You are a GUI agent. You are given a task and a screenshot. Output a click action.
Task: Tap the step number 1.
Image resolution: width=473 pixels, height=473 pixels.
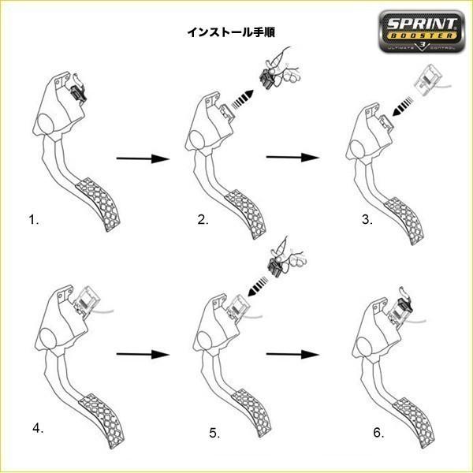(33, 221)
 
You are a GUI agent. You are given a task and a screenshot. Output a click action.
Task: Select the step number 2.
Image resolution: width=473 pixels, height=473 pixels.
(203, 221)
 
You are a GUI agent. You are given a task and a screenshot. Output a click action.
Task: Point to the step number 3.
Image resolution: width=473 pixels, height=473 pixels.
(367, 221)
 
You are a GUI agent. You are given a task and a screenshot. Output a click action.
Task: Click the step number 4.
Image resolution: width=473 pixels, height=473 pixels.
(38, 429)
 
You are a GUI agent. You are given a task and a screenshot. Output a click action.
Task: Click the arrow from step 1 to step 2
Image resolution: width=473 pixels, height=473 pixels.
(143, 159)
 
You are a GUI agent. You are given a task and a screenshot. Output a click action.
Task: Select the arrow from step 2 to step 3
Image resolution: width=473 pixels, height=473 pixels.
(293, 158)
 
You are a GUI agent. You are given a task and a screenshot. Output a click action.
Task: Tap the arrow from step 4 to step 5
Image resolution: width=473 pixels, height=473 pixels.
(143, 354)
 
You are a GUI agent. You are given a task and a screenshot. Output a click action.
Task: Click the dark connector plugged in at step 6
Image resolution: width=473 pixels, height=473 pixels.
(404, 305)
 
